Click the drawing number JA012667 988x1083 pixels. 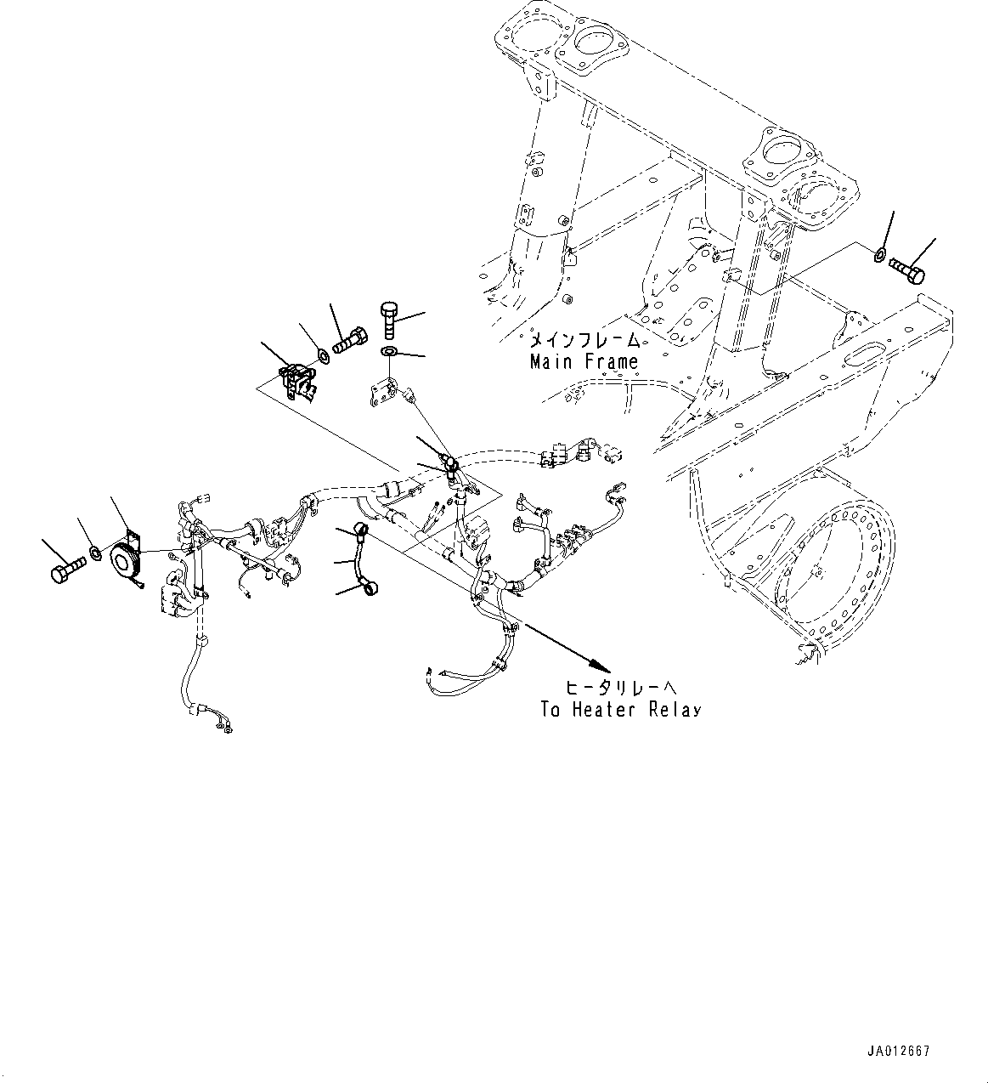[900, 1052]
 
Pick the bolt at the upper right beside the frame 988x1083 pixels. [908, 271]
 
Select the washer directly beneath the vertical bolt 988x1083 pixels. [389, 351]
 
